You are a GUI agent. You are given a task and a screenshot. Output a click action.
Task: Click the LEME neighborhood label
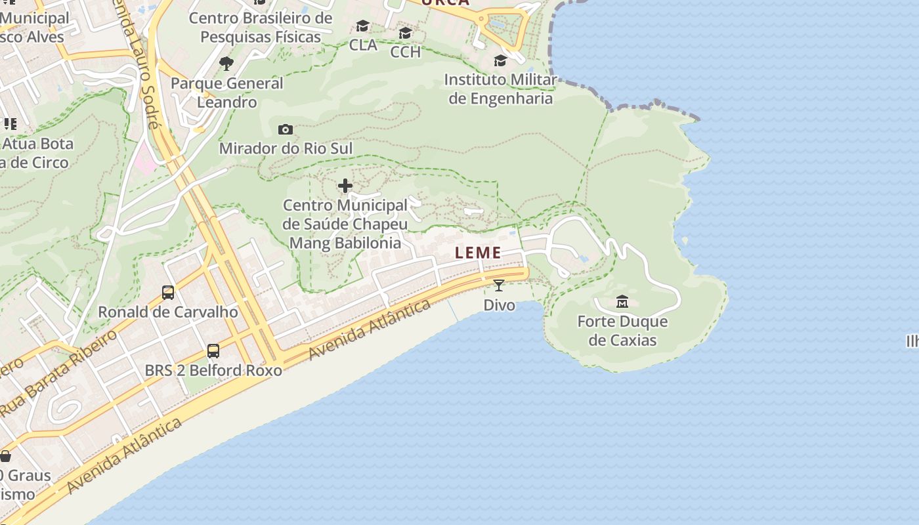(x=479, y=253)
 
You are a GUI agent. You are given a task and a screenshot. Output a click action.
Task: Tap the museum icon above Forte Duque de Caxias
(x=622, y=302)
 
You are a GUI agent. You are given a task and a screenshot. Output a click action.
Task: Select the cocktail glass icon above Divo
(x=499, y=285)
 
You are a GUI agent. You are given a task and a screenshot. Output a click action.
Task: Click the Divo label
(x=499, y=305)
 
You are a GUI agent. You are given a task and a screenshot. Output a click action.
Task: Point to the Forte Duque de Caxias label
(x=622, y=331)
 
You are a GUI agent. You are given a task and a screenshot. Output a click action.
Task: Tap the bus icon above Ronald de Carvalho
(x=168, y=293)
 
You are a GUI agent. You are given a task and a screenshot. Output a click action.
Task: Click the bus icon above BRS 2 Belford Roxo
(x=213, y=351)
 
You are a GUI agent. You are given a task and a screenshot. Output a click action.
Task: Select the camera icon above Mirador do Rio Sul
(x=286, y=129)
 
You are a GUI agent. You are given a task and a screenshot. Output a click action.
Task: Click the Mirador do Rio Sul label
(x=286, y=148)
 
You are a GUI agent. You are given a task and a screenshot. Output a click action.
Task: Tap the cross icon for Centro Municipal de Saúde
(x=345, y=186)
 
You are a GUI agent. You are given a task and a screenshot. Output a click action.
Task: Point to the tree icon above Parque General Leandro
(x=226, y=64)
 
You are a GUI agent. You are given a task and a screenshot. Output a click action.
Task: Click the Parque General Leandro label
(x=227, y=93)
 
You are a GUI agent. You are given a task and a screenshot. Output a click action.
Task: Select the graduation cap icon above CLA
(x=362, y=26)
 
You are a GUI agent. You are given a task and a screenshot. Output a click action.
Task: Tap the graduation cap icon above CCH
(x=405, y=33)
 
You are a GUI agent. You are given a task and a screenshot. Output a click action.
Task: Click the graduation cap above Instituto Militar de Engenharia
(x=500, y=61)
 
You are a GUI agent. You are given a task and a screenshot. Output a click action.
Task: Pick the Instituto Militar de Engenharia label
(x=500, y=89)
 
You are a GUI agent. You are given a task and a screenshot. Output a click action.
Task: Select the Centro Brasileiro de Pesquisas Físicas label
(x=261, y=28)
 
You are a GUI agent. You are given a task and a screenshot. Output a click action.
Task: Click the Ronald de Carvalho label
(x=168, y=312)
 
